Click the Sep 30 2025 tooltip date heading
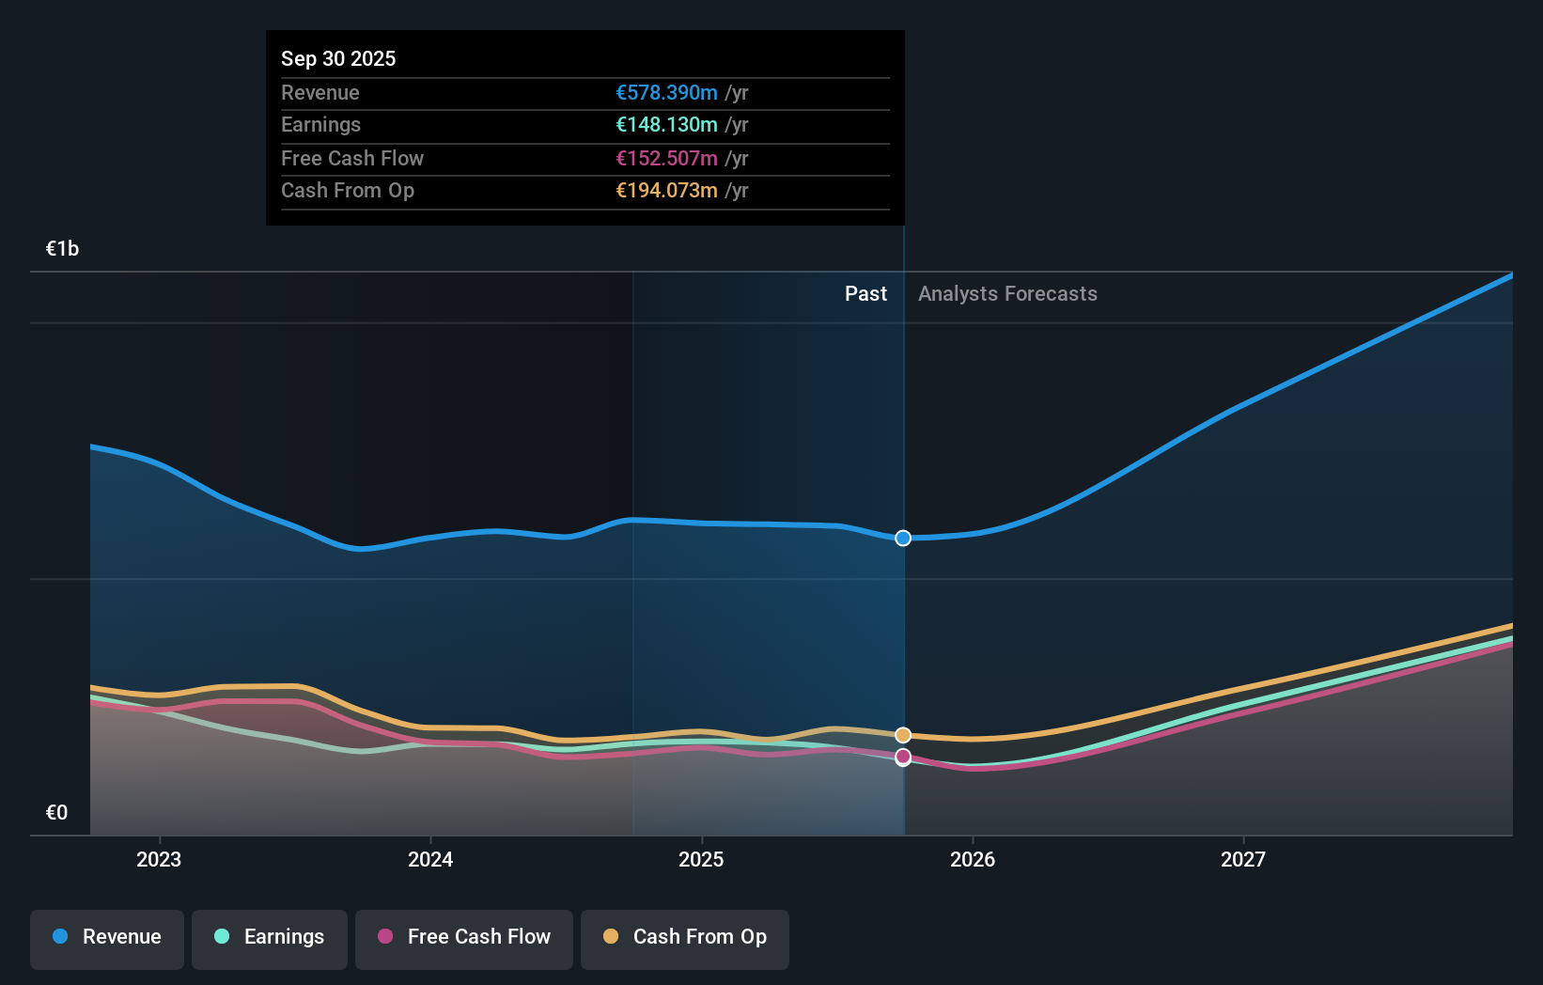[x=338, y=58]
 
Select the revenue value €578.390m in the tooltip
[x=666, y=92]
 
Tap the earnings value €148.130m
[x=666, y=125]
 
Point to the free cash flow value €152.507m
[x=666, y=158]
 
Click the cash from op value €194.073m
[x=666, y=191]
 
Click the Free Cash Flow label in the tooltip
[x=352, y=158]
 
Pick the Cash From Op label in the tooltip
[x=348, y=191]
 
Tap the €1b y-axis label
[x=62, y=248]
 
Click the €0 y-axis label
[x=56, y=812]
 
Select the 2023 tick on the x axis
[x=159, y=859]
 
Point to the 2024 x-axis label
[x=430, y=859]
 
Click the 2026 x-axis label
[x=973, y=859]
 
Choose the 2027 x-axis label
[x=1243, y=859]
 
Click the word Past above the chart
[x=865, y=294]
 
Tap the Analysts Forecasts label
[x=1007, y=294]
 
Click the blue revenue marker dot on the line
[x=903, y=538]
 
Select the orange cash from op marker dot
[x=903, y=735]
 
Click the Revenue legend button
[x=107, y=937]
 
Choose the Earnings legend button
[x=270, y=937]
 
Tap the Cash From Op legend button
[x=685, y=937]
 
